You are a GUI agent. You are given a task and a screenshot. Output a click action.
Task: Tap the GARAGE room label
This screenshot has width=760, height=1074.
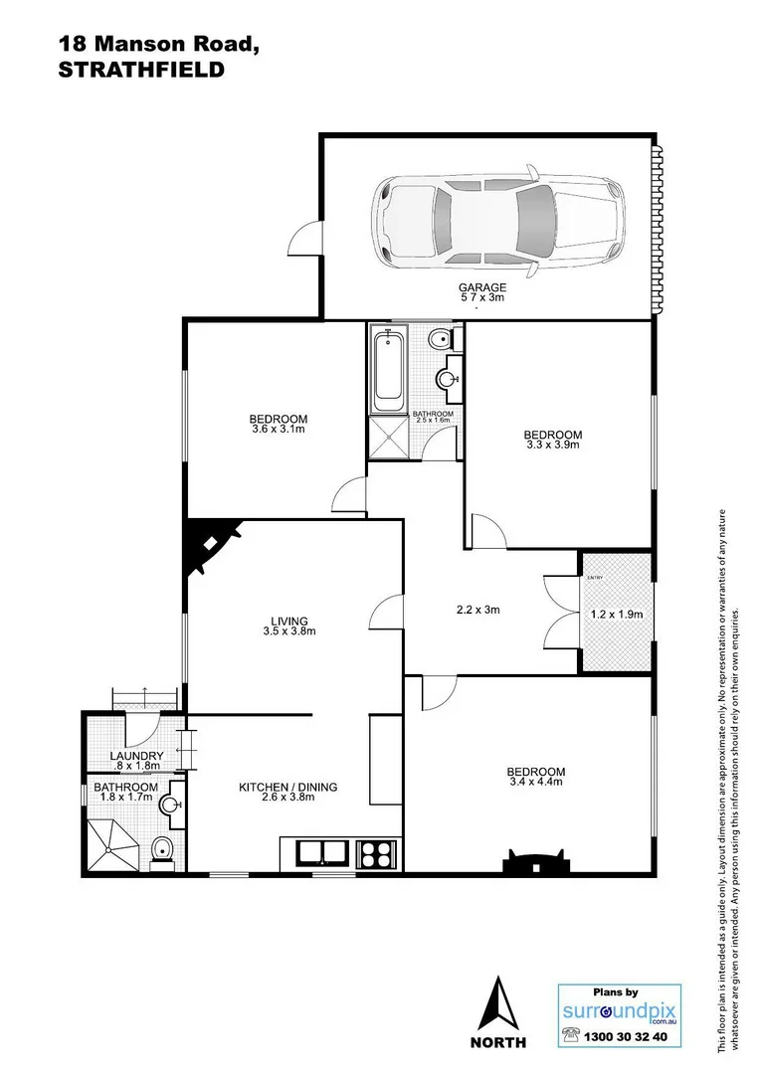482,287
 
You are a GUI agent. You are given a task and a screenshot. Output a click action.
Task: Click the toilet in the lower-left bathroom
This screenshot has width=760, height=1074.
162,849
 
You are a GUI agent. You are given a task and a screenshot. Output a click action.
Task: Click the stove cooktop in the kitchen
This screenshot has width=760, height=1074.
376,852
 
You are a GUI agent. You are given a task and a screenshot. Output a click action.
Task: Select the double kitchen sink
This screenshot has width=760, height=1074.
320,852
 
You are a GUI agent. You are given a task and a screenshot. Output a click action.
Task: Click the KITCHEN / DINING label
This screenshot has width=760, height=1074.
287,787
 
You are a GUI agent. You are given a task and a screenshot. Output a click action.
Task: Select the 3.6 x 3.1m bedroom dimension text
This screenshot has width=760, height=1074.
278,430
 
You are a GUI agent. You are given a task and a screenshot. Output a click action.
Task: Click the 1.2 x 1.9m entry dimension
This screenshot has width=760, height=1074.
618,615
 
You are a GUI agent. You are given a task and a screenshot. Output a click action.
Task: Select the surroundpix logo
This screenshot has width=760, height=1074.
607,1011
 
